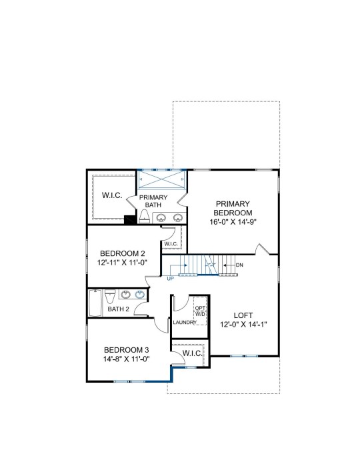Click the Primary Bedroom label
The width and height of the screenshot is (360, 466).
[x=233, y=208]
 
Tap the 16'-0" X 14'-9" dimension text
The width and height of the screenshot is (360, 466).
[x=233, y=222]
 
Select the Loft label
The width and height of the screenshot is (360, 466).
[x=243, y=315]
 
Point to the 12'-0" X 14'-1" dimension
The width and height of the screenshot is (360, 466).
[x=243, y=324]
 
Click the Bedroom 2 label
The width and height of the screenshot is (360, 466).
[x=123, y=253]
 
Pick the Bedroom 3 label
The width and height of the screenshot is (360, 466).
[x=127, y=350]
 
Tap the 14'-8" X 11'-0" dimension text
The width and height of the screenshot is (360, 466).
[x=127, y=359]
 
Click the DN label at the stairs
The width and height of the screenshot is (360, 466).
[x=239, y=265]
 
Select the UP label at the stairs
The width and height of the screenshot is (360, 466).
[x=171, y=279]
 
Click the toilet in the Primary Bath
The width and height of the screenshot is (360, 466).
[x=144, y=217]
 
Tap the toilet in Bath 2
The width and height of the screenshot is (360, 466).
[x=110, y=296]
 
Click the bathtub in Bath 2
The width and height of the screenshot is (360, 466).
[x=95, y=303]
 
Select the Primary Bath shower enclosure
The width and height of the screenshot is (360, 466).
[x=161, y=179]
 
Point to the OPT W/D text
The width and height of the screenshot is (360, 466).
[x=200, y=311]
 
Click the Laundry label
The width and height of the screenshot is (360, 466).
[x=185, y=323]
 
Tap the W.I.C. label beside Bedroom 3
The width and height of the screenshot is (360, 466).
[x=193, y=353]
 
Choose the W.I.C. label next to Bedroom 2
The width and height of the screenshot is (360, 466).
[x=171, y=244]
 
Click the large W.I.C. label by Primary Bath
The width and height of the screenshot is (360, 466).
[x=112, y=195]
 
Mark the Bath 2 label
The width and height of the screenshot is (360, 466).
[x=118, y=309]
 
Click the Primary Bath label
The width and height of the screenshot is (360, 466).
[x=153, y=201]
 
